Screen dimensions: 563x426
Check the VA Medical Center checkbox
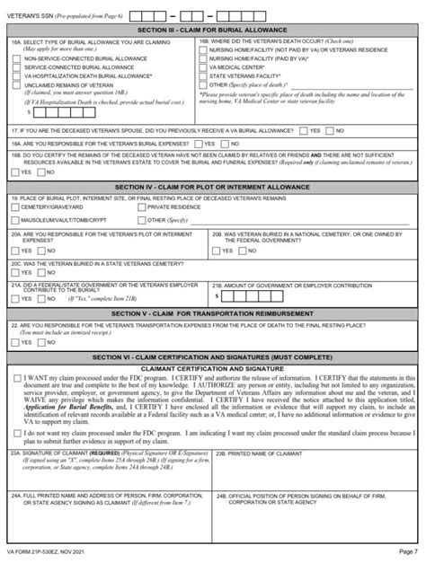(204, 66)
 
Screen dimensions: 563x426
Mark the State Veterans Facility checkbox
(204, 75)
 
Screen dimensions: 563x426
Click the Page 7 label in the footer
(408, 551)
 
